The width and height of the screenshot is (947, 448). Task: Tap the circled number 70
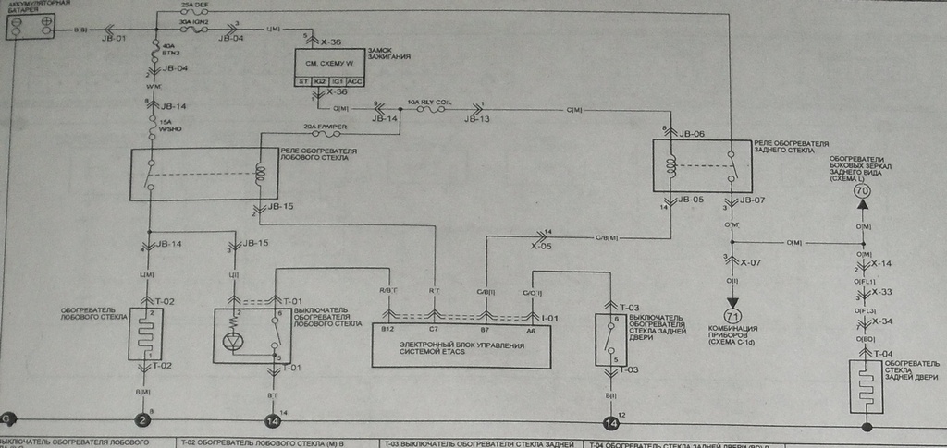(x=864, y=191)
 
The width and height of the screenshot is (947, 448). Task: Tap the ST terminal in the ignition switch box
(x=302, y=81)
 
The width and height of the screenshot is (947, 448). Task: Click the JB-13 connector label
(x=479, y=119)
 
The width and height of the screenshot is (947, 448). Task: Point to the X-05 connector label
(x=542, y=247)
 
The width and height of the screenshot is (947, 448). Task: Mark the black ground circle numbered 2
(x=142, y=422)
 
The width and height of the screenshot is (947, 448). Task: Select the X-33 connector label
(x=883, y=293)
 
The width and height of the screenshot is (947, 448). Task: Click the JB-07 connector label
(x=750, y=199)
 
